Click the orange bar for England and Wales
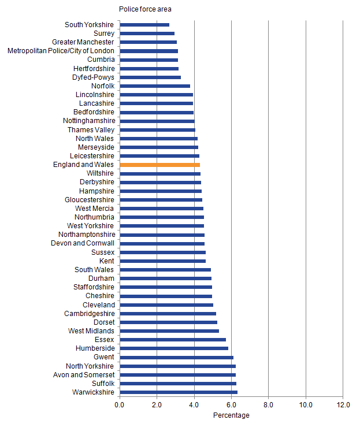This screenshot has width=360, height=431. click(x=159, y=165)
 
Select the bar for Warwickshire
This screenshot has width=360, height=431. click(x=178, y=392)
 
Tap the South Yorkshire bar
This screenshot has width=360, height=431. click(x=144, y=25)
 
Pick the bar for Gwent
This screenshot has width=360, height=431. click(x=176, y=357)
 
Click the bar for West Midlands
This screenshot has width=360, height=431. click(x=169, y=331)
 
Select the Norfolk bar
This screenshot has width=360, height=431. click(x=155, y=86)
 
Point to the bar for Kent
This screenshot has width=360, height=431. click(x=162, y=261)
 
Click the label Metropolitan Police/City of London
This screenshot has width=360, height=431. click(x=61, y=51)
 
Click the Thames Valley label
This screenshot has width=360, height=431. click(x=91, y=130)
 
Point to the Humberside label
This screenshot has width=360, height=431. click(x=95, y=348)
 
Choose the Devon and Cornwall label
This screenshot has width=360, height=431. click(x=86, y=243)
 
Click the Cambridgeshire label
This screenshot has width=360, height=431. click(x=89, y=314)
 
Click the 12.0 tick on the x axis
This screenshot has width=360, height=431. click(x=343, y=404)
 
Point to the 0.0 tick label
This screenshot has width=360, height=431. click(x=120, y=404)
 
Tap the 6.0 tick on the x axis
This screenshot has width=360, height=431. click(x=231, y=404)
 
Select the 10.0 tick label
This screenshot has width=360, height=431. click(x=306, y=404)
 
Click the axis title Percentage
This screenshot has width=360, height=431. click(x=231, y=415)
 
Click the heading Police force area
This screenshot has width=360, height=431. click(x=145, y=9)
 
